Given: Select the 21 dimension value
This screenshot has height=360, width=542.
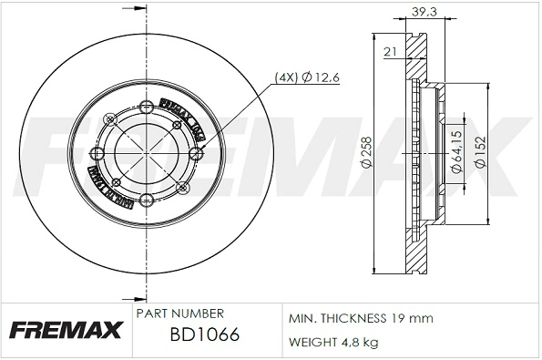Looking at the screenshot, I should pyautogui.click(x=389, y=52).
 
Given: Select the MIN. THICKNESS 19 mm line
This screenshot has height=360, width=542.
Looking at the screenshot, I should pyautogui.click(x=361, y=319).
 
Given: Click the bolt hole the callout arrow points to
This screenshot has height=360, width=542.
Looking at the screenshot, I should pyautogui.click(x=194, y=152).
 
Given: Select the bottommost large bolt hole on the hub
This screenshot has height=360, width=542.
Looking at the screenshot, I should pyautogui.click(x=147, y=200).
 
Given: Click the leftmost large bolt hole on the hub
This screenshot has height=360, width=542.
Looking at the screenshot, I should pyautogui.click(x=98, y=152).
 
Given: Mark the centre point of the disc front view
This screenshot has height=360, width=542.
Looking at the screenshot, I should pyautogui.click(x=147, y=152).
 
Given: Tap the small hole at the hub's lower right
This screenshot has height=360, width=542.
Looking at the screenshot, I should pyautogui.click(x=180, y=187).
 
